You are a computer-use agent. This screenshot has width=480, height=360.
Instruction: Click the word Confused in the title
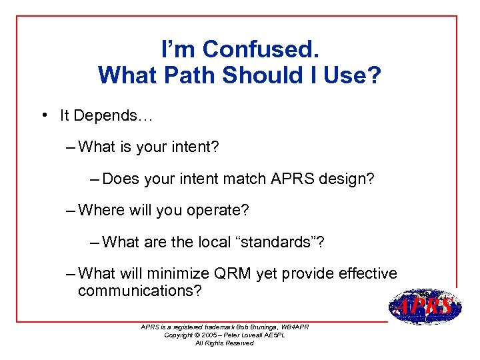pyautogui.click(x=260, y=49)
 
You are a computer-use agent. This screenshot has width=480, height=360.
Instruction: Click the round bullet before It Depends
pyautogui.click(x=42, y=115)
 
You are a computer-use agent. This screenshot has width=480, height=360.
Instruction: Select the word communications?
pyautogui.click(x=139, y=291)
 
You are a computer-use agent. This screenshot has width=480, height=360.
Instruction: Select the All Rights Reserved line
pyautogui.click(x=224, y=343)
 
